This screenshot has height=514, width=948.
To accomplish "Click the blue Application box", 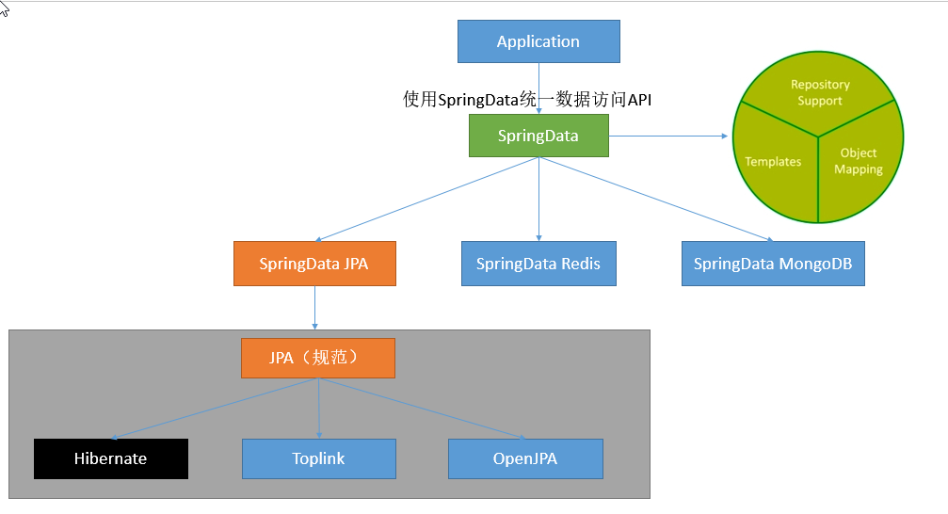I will [x=538, y=41].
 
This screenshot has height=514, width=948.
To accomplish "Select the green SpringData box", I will [x=538, y=136].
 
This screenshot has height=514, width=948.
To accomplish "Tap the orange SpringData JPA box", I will [x=314, y=264].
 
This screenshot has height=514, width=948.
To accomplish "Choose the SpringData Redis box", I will [x=538, y=264].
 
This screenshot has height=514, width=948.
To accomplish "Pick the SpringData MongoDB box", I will [x=773, y=264].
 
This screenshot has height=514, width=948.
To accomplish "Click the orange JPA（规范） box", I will [x=318, y=359].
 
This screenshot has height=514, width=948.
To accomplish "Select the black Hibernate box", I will [x=111, y=458].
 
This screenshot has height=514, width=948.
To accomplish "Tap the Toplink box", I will [x=318, y=458].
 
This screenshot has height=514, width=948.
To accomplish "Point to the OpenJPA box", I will [x=525, y=458].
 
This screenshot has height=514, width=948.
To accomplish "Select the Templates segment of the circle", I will [x=774, y=161].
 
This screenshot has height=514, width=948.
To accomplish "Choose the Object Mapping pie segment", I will [x=858, y=161].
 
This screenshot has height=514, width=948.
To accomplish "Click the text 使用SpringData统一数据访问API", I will [x=527, y=100].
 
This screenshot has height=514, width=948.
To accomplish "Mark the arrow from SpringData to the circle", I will [x=668, y=137].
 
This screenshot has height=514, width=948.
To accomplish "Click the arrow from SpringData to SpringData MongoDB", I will [x=659, y=200].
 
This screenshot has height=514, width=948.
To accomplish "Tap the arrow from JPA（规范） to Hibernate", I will [x=217, y=409].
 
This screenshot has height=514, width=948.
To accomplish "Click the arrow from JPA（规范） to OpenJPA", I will [x=424, y=409].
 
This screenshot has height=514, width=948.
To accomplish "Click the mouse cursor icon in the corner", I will [x=5, y=8].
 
